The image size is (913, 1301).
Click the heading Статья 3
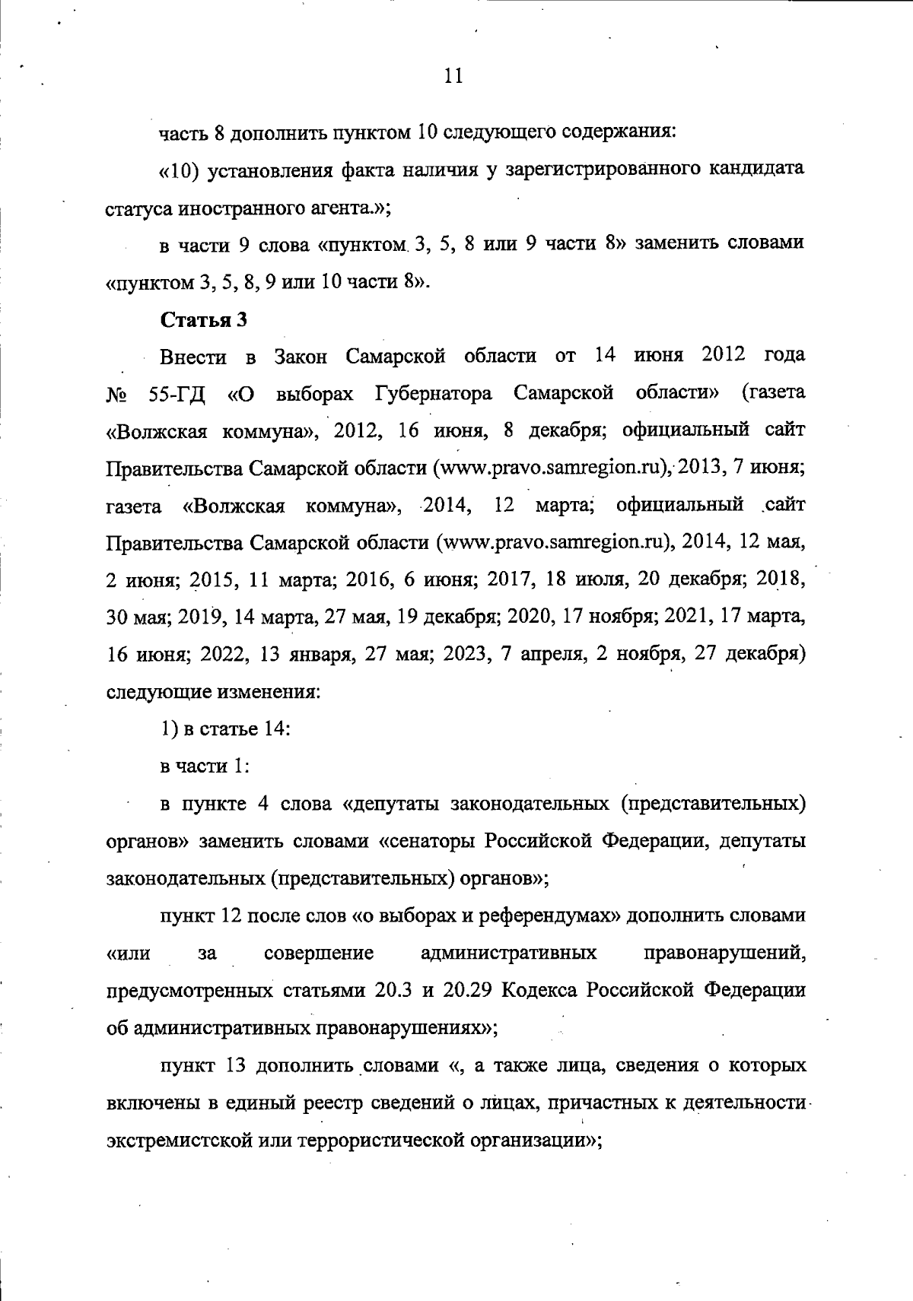click(x=203, y=319)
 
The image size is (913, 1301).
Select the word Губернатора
click(x=433, y=394)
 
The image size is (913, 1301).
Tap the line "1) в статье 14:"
click(x=224, y=728)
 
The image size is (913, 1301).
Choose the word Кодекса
click(x=550, y=992)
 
